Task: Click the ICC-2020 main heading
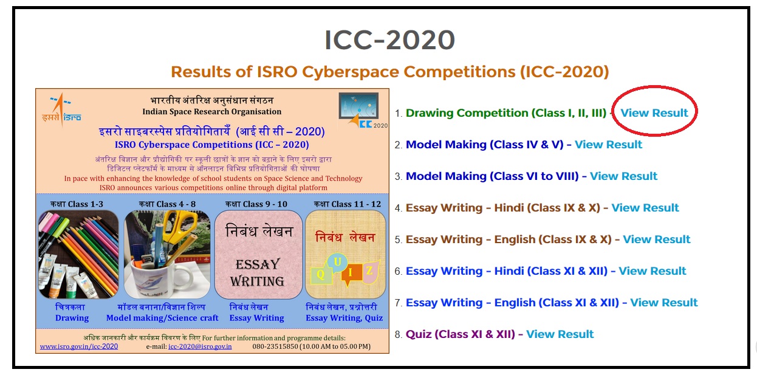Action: [389, 40]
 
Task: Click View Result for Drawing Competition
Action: [654, 112]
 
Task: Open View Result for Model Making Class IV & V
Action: [608, 145]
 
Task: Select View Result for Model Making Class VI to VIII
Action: [623, 176]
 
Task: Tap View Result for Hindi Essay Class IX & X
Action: [645, 208]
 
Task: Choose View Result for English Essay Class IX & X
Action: [657, 239]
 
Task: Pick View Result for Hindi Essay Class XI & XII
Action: [653, 271]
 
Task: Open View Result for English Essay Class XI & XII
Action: [664, 303]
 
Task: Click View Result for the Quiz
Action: [560, 334]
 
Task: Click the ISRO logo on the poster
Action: [61, 109]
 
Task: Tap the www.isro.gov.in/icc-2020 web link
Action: [79, 346]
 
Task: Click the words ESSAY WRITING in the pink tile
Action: [258, 272]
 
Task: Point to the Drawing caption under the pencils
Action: [72, 318]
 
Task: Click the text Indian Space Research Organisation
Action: [211, 112]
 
